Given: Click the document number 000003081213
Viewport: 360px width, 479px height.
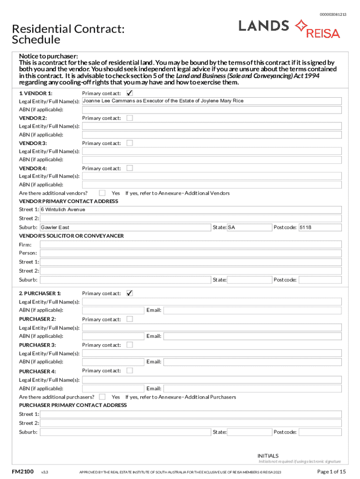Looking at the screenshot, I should tap(333, 15).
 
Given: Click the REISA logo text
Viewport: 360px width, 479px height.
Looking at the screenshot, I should tap(323, 33).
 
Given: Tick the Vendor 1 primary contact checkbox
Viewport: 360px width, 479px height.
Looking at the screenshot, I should tap(130, 93).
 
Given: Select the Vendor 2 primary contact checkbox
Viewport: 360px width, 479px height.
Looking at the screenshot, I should tap(130, 118).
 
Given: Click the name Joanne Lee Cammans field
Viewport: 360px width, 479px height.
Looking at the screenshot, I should tap(211, 101).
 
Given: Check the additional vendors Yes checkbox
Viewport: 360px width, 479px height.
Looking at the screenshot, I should tap(102, 193).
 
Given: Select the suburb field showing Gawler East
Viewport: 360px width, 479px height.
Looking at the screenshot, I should tap(125, 227).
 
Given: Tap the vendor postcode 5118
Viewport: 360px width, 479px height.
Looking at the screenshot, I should tap(320, 227).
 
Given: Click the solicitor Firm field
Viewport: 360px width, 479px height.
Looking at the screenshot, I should tap(190, 245).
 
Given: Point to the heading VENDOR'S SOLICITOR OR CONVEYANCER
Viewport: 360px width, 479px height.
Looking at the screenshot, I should tap(71, 236).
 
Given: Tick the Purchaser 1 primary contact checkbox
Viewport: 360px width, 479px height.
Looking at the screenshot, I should tap(130, 293).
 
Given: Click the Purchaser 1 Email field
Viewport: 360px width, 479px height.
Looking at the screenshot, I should tap(252, 310).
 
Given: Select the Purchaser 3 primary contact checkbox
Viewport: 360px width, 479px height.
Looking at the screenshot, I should tap(130, 345).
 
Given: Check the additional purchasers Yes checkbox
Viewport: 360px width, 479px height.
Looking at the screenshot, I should tap(102, 397).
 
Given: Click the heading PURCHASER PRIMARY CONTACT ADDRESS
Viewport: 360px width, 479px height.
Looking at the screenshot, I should tap(72, 405).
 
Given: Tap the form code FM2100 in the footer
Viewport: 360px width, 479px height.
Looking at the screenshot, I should tap(22, 471).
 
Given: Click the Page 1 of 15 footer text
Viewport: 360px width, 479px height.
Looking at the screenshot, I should tap(331, 471).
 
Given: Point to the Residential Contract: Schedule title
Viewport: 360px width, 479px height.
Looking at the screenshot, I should tap(68, 34).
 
